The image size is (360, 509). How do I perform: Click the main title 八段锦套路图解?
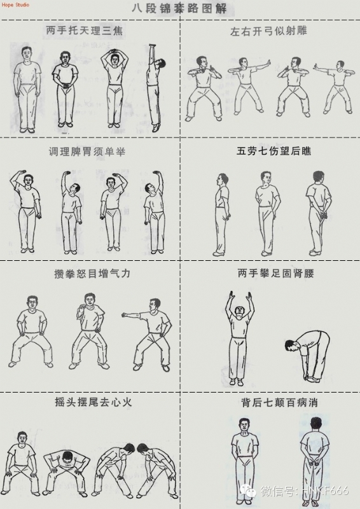coord(179,10)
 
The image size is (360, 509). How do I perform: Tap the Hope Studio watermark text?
coord(15,5)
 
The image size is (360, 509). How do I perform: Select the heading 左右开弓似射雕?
coord(270,30)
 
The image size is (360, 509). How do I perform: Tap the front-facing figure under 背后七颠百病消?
coord(243,458)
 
